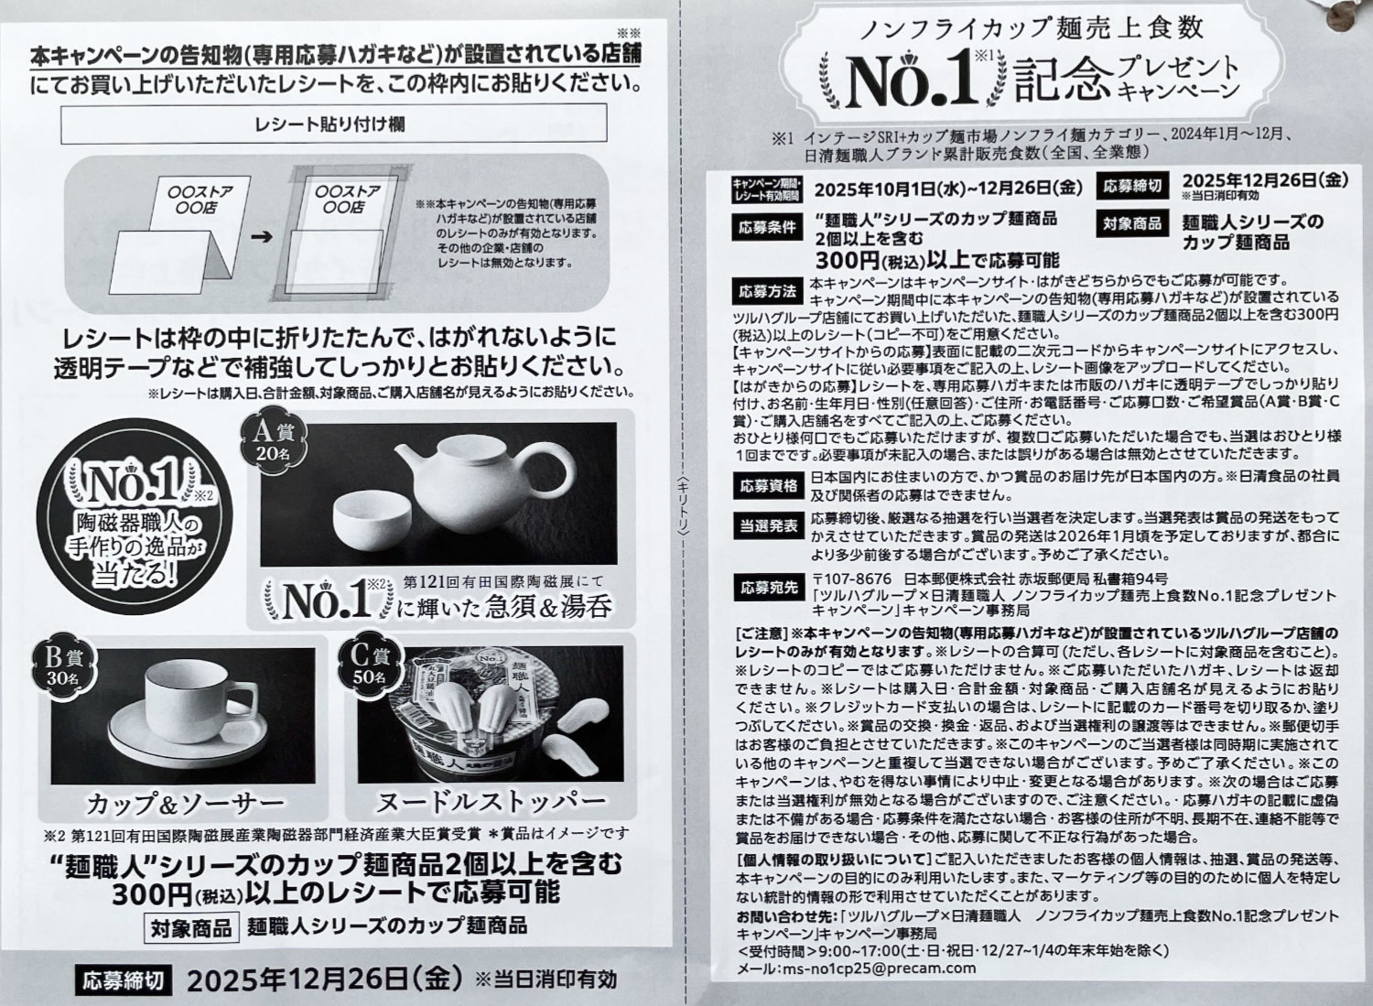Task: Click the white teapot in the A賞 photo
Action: coord(484,481)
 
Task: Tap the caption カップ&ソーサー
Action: coord(185,803)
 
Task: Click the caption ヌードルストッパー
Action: coord(491,800)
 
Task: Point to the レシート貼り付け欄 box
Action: coord(333,124)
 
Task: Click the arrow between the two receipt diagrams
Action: coord(262,236)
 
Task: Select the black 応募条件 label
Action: coord(766,227)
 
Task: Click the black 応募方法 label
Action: coord(767,291)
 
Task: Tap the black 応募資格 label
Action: coord(769,486)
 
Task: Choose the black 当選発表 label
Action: coord(769,526)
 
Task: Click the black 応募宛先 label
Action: coord(769,588)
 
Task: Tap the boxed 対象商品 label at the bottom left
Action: coord(191,928)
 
